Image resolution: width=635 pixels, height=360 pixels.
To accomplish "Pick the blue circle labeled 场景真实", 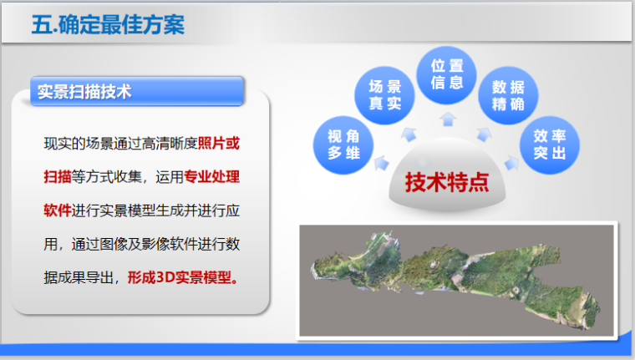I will coord(384,96).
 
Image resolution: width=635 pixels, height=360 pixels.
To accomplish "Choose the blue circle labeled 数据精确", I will coord(507,96).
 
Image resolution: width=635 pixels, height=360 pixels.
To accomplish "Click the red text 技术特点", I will coord(446,181).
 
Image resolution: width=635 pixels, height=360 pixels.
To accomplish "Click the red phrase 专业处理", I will coord(212,176).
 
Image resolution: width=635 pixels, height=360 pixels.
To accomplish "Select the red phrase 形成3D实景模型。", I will coord(184,276).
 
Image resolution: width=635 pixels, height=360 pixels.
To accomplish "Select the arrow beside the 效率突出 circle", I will coord(513,159).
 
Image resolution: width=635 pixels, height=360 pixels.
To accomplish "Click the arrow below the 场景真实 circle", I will coord(409,132).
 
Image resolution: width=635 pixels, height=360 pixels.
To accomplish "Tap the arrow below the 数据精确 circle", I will coord(483,132).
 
